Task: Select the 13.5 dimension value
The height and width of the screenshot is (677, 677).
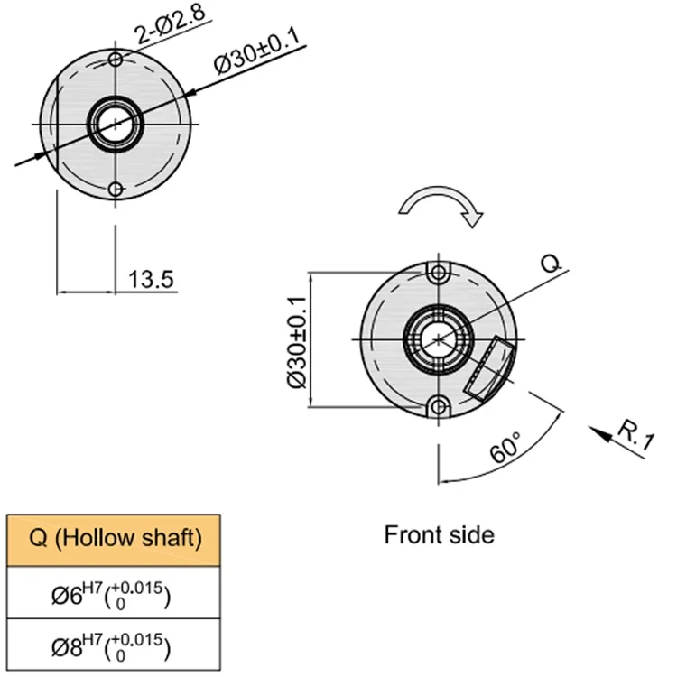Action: (x=150, y=279)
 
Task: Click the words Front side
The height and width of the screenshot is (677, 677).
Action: (x=439, y=534)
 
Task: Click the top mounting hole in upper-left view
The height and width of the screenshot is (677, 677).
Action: (x=115, y=60)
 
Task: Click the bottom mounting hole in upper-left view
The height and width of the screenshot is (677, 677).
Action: (x=115, y=190)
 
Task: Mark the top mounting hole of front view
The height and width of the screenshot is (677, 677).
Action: (x=439, y=273)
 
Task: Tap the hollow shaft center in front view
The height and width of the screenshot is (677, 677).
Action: (x=439, y=339)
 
